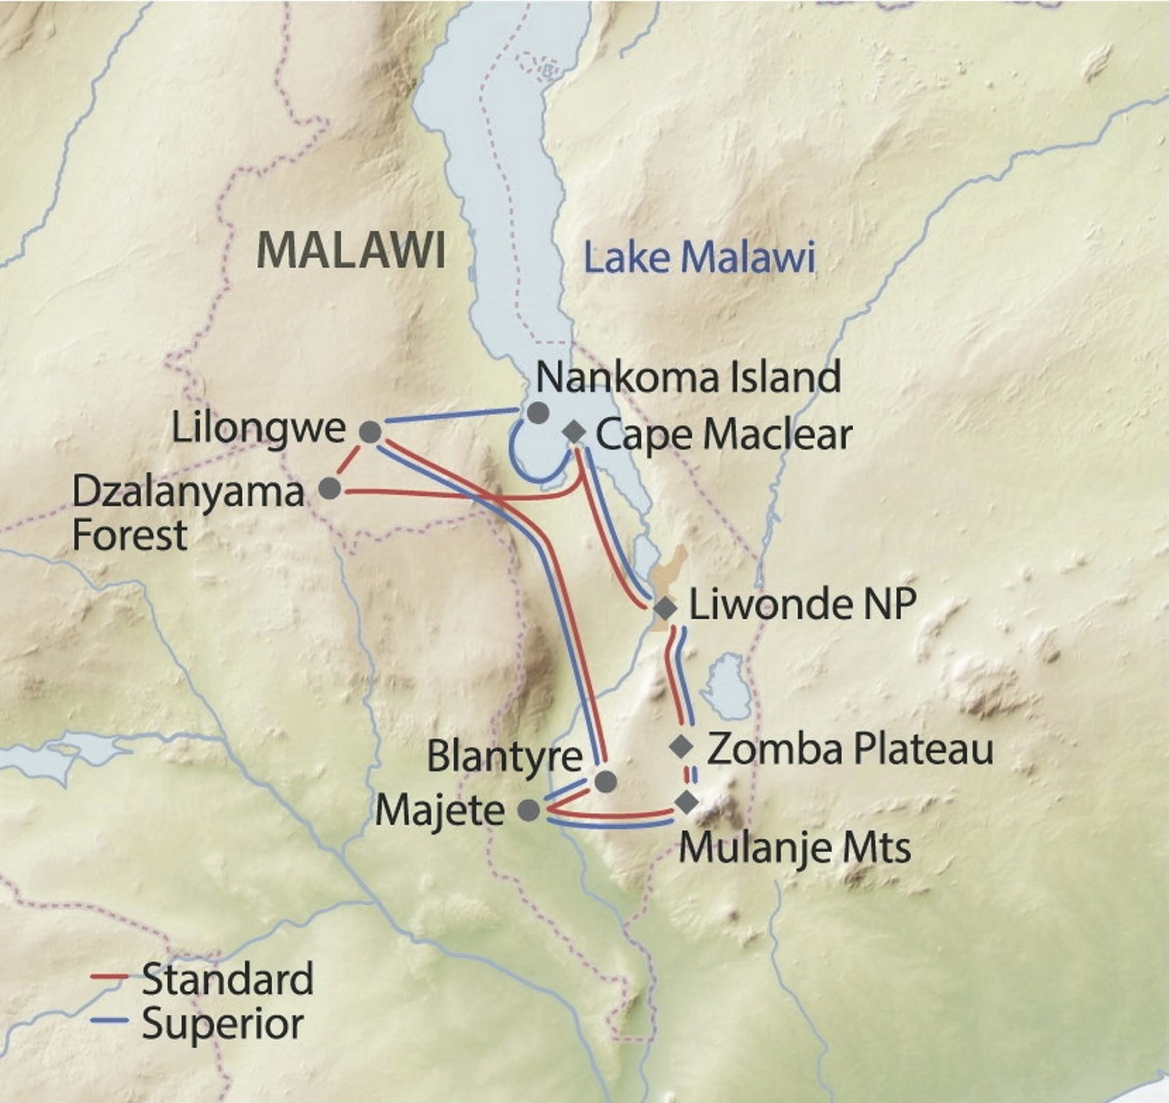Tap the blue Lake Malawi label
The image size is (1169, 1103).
pos(699,258)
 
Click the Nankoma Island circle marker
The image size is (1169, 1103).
pos(538,412)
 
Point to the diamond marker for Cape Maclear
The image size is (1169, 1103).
pos(575,433)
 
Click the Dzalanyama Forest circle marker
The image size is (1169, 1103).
pos(330,488)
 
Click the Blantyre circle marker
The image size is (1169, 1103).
pos(605,781)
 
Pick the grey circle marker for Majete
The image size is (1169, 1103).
pos(528,809)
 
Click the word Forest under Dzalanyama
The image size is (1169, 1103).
pos(129,535)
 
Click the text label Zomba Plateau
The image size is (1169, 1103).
pos(850,749)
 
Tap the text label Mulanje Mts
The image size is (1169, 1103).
pos(795,848)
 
